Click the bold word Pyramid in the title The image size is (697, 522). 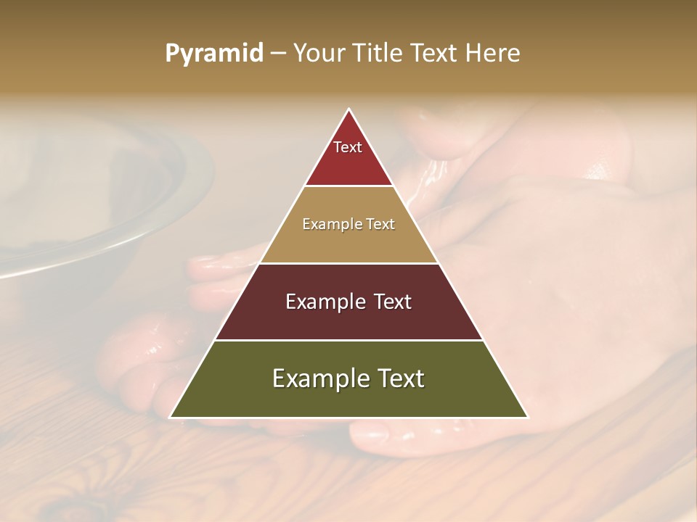point(214,54)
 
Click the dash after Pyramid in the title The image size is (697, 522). point(278,54)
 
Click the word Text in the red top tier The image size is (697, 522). point(348,147)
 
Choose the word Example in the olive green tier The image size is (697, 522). point(316,378)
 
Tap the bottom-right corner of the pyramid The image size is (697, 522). point(527,417)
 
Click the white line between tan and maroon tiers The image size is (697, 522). point(349,263)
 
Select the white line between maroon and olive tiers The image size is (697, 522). point(349,340)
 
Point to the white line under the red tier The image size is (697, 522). point(349,186)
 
